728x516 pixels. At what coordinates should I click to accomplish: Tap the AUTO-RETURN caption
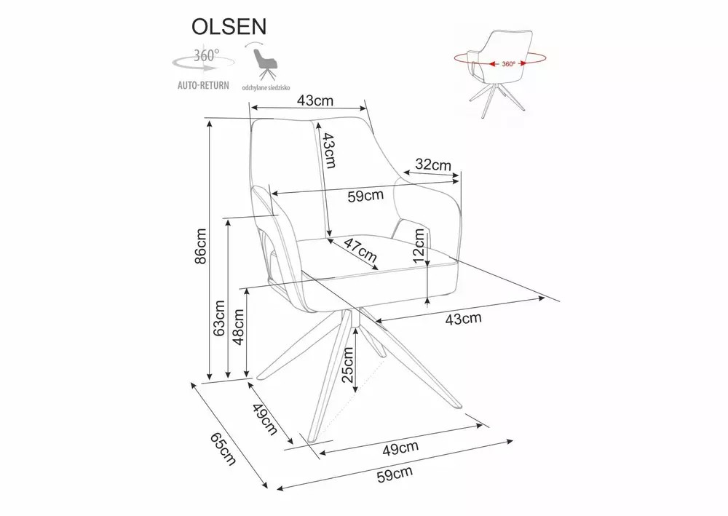(203, 85)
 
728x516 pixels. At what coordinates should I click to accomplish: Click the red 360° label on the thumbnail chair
(508, 63)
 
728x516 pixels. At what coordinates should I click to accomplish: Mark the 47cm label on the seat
(360, 250)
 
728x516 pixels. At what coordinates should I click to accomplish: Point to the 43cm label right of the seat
(463, 318)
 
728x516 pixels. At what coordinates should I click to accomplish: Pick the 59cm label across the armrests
(365, 196)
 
